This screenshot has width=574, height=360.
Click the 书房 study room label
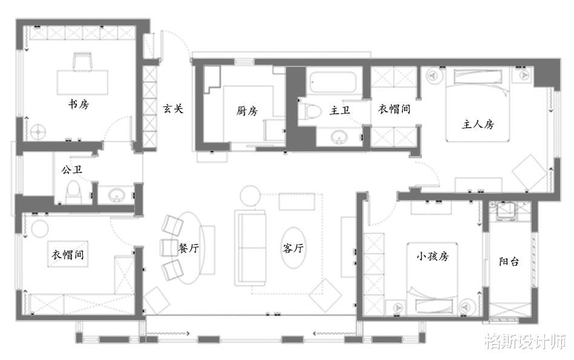[79, 105]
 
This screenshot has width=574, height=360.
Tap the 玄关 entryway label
[173, 108]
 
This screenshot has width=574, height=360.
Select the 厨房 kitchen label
[247, 111]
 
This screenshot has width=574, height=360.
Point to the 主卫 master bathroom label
[340, 110]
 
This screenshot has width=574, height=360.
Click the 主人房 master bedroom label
[478, 125]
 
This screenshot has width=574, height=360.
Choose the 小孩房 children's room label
[432, 256]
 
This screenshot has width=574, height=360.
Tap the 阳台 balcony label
[509, 261]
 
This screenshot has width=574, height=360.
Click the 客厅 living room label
[293, 248]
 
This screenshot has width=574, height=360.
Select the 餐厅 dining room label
[189, 248]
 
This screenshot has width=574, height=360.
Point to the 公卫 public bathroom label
[72, 169]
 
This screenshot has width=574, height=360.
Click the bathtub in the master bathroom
[333, 82]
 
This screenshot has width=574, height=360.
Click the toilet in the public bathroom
[73, 192]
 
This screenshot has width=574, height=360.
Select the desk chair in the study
[83, 61]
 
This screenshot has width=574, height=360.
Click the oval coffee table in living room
[293, 248]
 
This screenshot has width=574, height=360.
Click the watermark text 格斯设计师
[526, 342]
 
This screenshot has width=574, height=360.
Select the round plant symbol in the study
[38, 132]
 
